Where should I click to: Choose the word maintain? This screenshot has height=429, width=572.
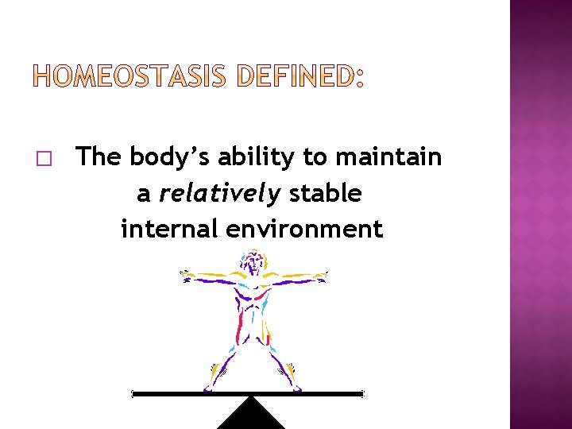pyautogui.click(x=388, y=157)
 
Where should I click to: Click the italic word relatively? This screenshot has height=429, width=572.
pyautogui.click(x=219, y=193)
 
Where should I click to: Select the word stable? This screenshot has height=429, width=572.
pyautogui.click(x=326, y=193)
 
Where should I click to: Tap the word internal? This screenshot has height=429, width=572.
pyautogui.click(x=169, y=229)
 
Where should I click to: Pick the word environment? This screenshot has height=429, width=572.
pyautogui.click(x=304, y=229)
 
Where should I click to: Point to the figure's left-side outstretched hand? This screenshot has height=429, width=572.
pyautogui.click(x=185, y=274)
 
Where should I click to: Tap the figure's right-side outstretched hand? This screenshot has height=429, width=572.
pyautogui.click(x=322, y=277)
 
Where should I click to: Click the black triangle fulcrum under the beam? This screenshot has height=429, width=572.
pyautogui.click(x=251, y=415)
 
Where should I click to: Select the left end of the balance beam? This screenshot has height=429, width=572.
pyautogui.click(x=134, y=393)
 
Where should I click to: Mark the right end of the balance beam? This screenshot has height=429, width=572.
pyautogui.click(x=361, y=393)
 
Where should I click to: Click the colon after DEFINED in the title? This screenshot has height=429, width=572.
pyautogui.click(x=359, y=77)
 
